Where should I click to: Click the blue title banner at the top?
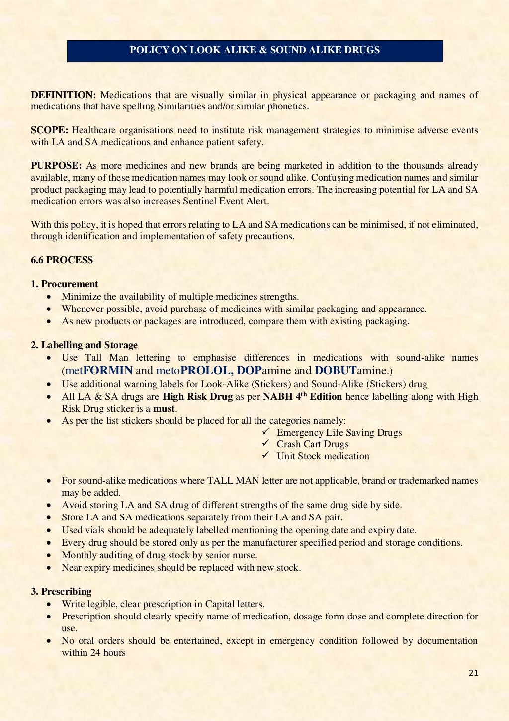(254, 51)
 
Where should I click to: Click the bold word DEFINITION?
(63, 95)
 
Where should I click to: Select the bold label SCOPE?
(49, 130)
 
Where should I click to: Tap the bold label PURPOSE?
(56, 166)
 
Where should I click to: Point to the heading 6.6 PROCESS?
(62, 260)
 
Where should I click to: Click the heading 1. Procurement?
(65, 284)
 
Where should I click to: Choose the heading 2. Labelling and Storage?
(84, 345)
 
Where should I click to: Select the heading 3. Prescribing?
(61, 592)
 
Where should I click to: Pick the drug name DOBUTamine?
(350, 371)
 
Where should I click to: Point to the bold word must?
(164, 409)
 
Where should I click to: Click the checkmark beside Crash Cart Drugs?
(266, 443)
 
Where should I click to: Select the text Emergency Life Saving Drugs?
(339, 433)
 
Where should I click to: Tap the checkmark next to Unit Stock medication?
(266, 455)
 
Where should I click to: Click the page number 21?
(473, 673)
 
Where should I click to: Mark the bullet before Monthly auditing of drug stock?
(49, 556)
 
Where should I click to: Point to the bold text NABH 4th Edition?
(302, 397)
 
